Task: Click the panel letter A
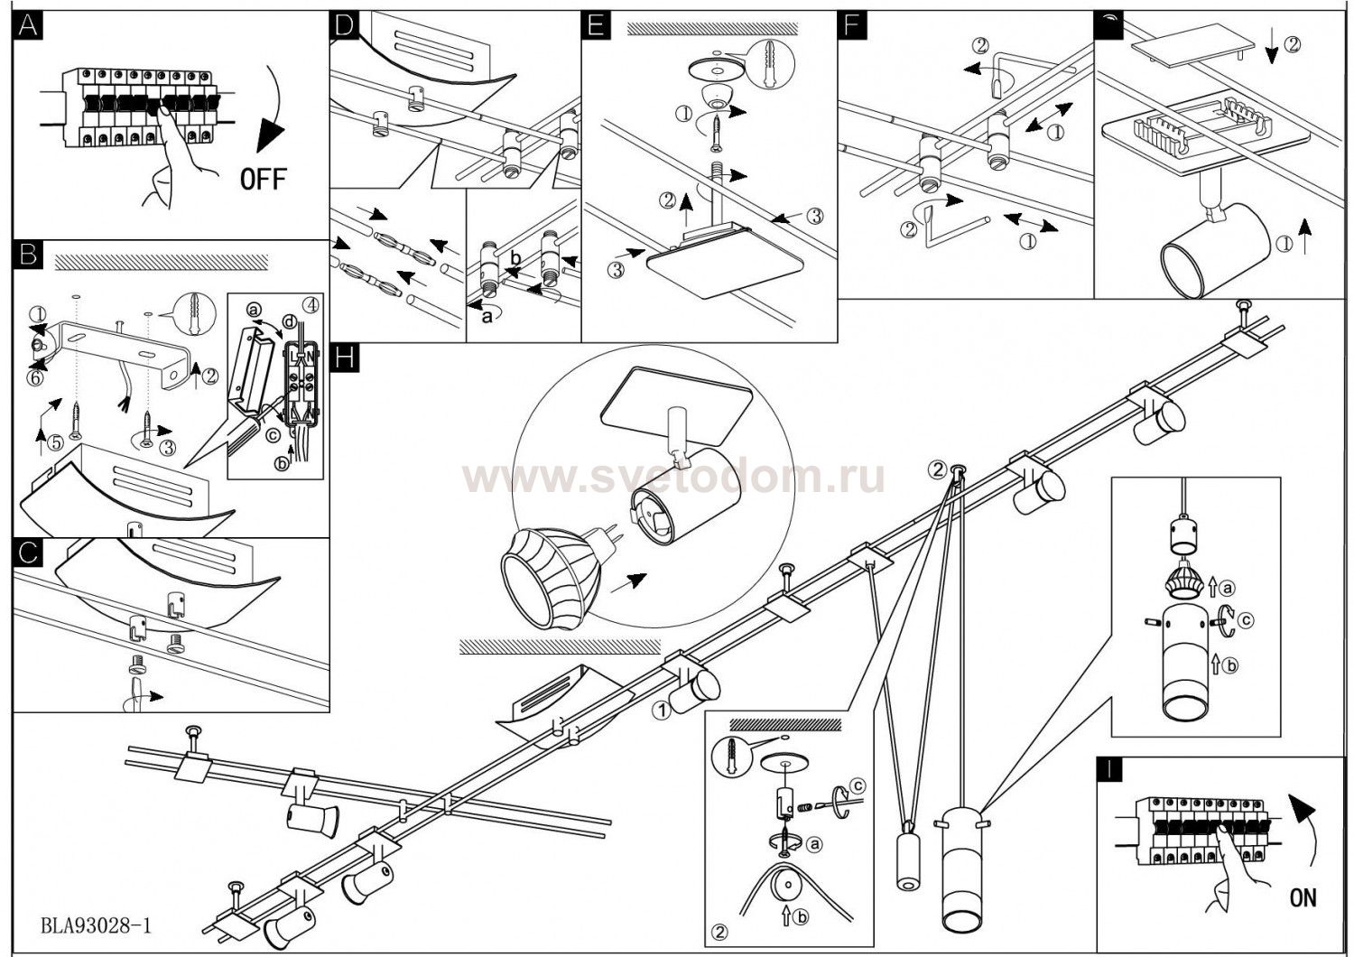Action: [x=28, y=26]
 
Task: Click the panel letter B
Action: [x=28, y=255]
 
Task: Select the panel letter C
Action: [x=28, y=553]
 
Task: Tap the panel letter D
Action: [x=343, y=25]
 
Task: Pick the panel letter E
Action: [x=594, y=25]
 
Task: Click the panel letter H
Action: [x=344, y=358]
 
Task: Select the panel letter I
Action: [x=1108, y=769]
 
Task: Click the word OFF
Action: [x=263, y=179]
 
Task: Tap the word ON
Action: [x=1303, y=897]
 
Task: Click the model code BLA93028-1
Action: [x=96, y=926]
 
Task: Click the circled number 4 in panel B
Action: [x=311, y=303]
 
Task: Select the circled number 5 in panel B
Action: [x=56, y=443]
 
